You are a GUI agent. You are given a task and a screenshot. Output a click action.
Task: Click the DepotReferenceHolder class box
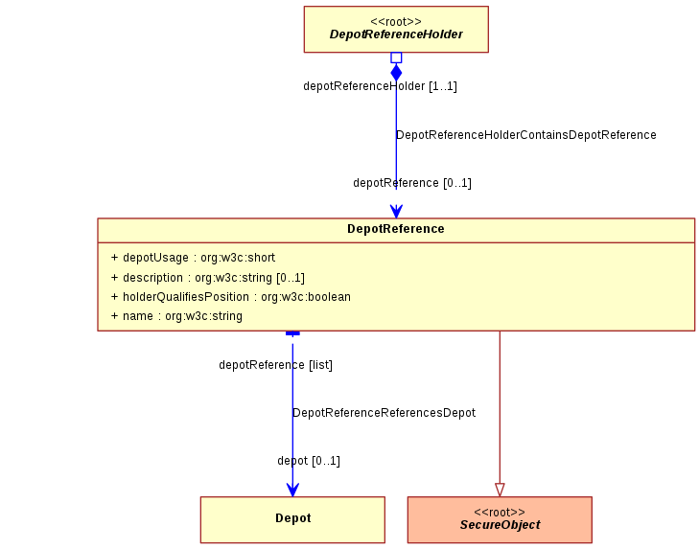pyautogui.click(x=396, y=30)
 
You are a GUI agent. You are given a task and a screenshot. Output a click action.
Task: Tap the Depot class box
pyautogui.click(x=292, y=519)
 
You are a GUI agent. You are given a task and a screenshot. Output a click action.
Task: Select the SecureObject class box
pyautogui.click(x=500, y=519)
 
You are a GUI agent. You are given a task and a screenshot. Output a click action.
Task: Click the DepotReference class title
pyautogui.click(x=396, y=229)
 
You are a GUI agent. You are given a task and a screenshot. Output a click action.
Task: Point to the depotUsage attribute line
pyautogui.click(x=193, y=258)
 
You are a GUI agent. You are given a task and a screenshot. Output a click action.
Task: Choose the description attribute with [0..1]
pyautogui.click(x=208, y=278)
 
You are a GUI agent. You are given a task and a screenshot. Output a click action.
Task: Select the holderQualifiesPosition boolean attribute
pyautogui.click(x=231, y=297)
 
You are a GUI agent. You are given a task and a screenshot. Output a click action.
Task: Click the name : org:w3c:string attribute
pyautogui.click(x=176, y=316)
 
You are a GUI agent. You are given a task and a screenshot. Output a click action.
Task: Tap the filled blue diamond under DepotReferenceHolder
pyautogui.click(x=396, y=72)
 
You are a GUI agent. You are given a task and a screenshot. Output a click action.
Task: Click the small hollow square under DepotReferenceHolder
pyautogui.click(x=396, y=57)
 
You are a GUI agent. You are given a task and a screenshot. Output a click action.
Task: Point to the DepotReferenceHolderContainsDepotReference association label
pyautogui.click(x=526, y=135)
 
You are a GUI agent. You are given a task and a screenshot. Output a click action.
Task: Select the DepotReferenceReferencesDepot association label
pyautogui.click(x=384, y=413)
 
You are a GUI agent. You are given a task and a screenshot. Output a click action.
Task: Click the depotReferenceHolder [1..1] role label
pyautogui.click(x=380, y=86)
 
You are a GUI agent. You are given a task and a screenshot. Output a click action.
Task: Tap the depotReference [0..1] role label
pyautogui.click(x=412, y=183)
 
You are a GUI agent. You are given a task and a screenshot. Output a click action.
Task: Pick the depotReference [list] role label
pyautogui.click(x=275, y=365)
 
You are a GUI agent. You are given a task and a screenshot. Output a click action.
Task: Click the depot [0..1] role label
pyautogui.click(x=309, y=460)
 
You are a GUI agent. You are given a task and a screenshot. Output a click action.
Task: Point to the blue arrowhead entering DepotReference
pyautogui.click(x=396, y=211)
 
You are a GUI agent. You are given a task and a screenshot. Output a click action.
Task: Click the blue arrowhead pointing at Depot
pyautogui.click(x=292, y=490)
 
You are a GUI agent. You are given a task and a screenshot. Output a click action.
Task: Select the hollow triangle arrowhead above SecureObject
pyautogui.click(x=500, y=490)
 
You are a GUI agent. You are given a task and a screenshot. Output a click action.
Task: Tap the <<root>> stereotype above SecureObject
pyautogui.click(x=500, y=513)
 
